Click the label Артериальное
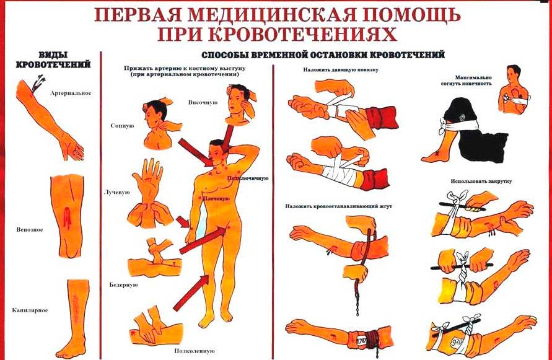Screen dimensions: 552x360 click(x=71, y=94)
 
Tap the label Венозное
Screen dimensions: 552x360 click(x=30, y=230)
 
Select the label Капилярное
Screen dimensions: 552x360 click(x=30, y=310)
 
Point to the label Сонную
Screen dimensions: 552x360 click(x=122, y=126)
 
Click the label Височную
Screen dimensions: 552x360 click(x=203, y=102)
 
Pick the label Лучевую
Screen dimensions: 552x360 click(x=117, y=192)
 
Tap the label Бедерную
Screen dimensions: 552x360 click(x=123, y=284)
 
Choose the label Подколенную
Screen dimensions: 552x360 click(x=195, y=351)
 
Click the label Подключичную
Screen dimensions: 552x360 click(x=248, y=178)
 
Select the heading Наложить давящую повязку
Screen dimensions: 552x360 click(x=340, y=70)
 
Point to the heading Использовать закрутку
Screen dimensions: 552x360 click(x=481, y=181)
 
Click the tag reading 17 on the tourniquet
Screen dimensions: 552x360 click(x=360, y=341)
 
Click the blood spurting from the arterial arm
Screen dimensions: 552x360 click(x=37, y=84)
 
